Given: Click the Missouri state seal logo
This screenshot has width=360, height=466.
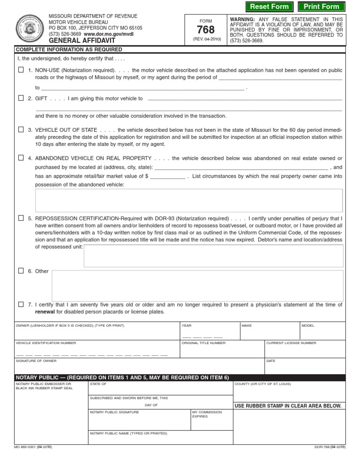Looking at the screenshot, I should (30, 29).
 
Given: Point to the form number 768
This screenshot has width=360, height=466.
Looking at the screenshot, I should (206, 30).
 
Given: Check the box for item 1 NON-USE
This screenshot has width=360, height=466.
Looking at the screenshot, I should (21, 70).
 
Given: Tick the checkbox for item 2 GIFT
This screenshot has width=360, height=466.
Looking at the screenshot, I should (21, 98).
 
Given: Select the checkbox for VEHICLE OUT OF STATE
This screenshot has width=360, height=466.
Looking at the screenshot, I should (21, 129).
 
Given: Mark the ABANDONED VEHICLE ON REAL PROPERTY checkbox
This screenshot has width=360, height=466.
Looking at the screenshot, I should (21, 158).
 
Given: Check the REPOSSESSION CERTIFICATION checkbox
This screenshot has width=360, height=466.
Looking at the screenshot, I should (21, 218).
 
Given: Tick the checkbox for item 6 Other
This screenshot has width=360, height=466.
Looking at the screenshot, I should (21, 271).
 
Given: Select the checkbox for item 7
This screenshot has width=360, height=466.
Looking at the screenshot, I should (21, 304).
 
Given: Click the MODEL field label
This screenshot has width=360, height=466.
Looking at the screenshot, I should (307, 325).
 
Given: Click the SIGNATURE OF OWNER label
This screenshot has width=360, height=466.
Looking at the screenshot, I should (36, 361).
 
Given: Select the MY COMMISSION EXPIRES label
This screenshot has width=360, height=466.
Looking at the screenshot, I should (207, 414).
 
